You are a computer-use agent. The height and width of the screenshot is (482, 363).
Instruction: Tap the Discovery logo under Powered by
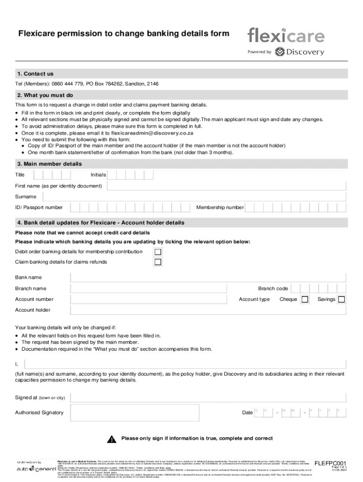click(x=300, y=52)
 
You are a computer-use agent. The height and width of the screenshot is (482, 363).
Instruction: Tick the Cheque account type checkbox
click(x=305, y=299)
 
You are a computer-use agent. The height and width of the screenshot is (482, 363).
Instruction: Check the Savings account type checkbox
click(x=341, y=299)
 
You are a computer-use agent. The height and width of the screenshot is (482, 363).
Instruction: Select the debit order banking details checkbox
click(x=158, y=252)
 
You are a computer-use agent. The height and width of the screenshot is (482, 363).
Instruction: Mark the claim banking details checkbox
click(x=158, y=262)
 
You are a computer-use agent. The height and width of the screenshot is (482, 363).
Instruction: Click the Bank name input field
click(x=208, y=278)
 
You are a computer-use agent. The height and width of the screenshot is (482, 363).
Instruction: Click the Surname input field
click(x=227, y=196)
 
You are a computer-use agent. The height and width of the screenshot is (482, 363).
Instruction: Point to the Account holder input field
click(x=208, y=310)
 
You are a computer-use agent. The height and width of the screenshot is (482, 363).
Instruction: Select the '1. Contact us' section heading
click(x=35, y=74)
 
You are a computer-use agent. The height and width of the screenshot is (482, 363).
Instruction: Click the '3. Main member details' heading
click(x=49, y=164)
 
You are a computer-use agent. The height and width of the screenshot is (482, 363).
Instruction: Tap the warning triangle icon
click(x=111, y=440)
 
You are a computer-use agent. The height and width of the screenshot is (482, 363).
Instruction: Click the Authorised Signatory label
click(x=39, y=413)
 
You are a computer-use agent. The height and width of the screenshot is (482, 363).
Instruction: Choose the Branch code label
click(x=273, y=289)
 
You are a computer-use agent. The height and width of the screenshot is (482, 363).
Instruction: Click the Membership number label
click(x=220, y=208)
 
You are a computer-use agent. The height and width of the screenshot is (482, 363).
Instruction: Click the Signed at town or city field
click(x=207, y=398)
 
